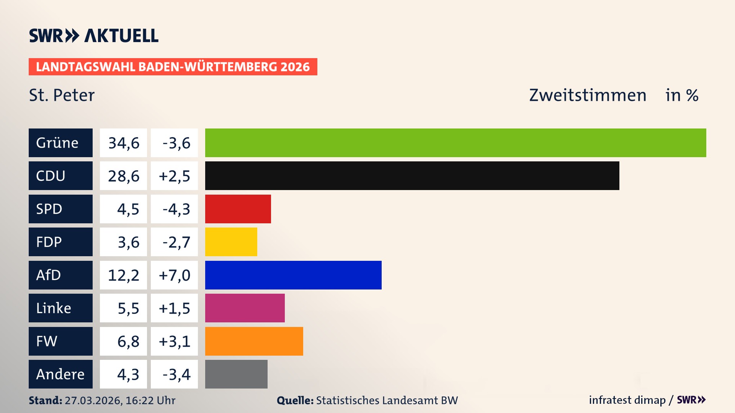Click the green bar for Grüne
click(456, 143)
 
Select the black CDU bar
click(412, 176)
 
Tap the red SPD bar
click(238, 209)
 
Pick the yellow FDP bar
click(231, 242)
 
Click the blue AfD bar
click(293, 275)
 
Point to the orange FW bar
click(254, 341)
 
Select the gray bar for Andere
click(236, 374)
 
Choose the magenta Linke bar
click(245, 308)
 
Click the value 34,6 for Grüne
click(123, 143)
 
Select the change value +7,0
click(174, 275)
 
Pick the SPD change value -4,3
click(176, 209)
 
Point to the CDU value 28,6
click(123, 176)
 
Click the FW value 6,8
click(128, 341)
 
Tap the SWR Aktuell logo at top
click(93, 36)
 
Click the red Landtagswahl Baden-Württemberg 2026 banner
click(173, 67)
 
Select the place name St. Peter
click(62, 95)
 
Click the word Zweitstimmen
click(588, 95)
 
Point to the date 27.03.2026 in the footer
click(93, 400)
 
